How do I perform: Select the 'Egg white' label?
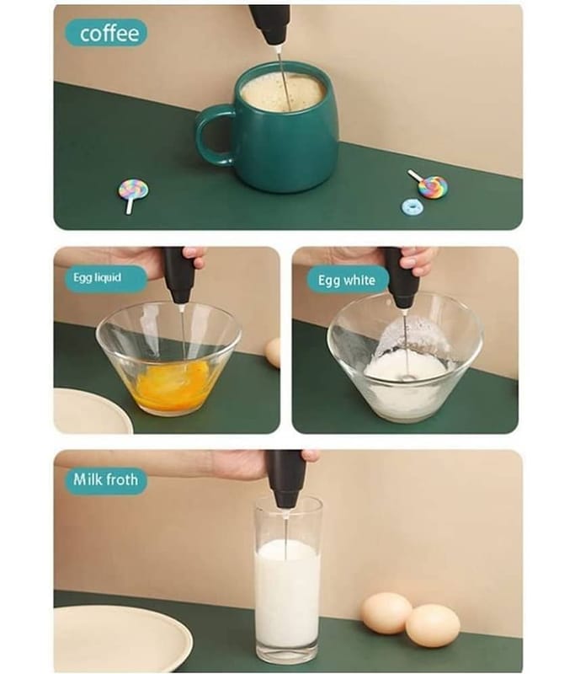click(347, 281)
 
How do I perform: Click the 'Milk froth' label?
click(105, 479)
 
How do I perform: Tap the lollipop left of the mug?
click(133, 195)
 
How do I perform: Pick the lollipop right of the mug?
click(429, 184)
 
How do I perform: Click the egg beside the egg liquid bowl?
click(273, 352)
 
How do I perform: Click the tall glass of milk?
click(288, 580)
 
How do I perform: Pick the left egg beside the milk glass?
click(386, 613)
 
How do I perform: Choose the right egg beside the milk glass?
click(433, 625)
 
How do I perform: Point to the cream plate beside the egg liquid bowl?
click(92, 411)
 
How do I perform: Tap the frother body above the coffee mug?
click(269, 24)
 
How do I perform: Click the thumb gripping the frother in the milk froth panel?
click(310, 456)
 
